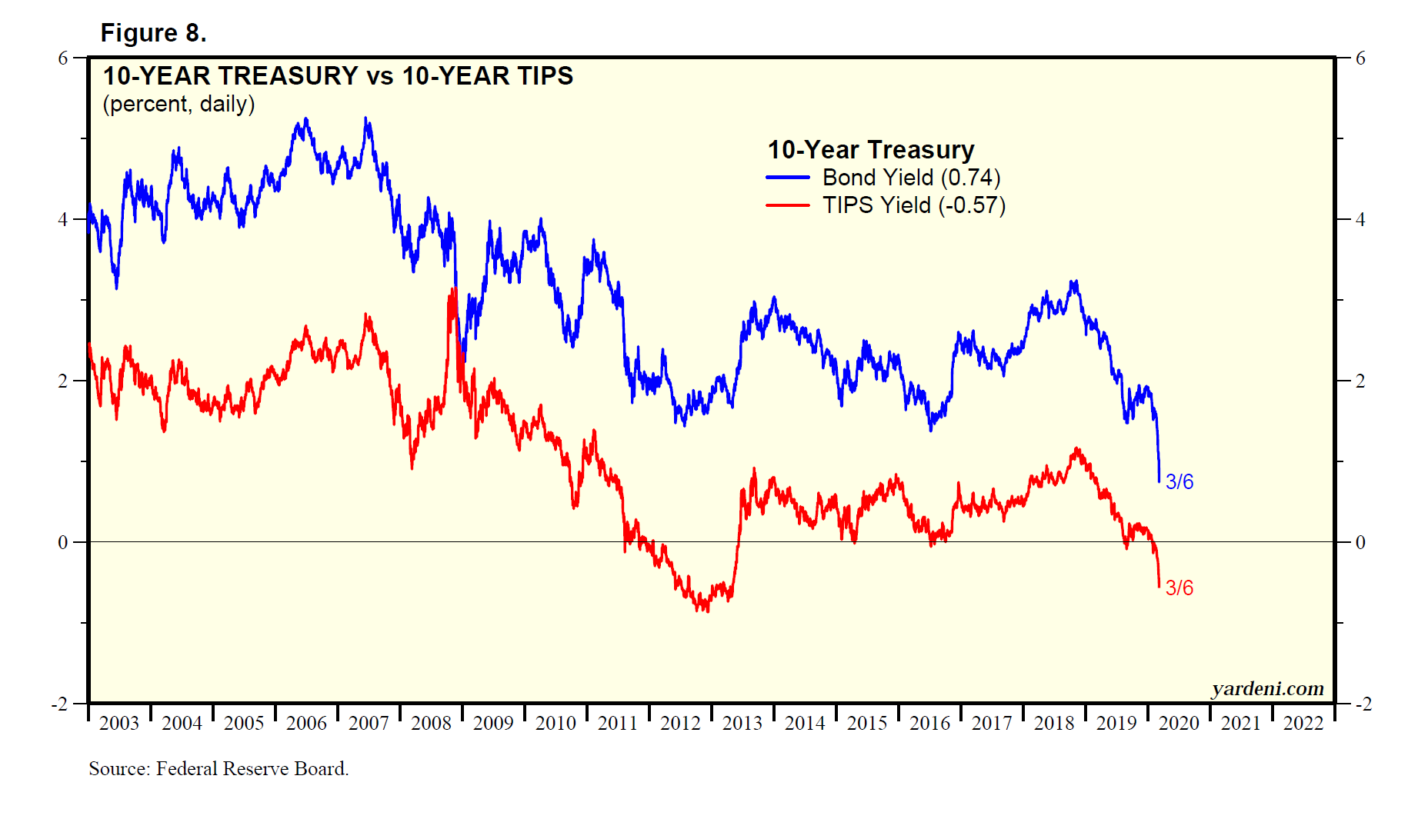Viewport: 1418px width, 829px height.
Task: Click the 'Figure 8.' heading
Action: [x=153, y=33]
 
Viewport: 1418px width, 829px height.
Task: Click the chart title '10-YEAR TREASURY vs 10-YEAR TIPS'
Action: [x=338, y=76]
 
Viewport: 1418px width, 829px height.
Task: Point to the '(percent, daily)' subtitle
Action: [x=179, y=104]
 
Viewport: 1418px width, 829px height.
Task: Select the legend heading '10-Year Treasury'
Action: [x=870, y=149]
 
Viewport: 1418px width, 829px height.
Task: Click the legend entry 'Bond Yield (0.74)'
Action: [x=911, y=178]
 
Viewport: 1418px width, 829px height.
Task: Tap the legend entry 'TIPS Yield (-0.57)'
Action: [x=913, y=205]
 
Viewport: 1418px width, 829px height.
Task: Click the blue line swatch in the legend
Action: [x=787, y=178]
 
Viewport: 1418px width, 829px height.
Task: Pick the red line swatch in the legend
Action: [x=787, y=205]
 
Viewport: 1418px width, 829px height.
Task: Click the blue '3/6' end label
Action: [x=1179, y=482]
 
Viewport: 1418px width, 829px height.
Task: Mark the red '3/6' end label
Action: [x=1179, y=588]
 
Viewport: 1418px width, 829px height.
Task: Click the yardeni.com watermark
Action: [x=1267, y=688]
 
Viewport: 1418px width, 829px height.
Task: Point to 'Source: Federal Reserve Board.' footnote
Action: [x=219, y=768]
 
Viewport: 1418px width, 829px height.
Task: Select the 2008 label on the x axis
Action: [x=431, y=724]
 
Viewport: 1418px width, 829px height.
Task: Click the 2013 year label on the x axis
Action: [x=742, y=724]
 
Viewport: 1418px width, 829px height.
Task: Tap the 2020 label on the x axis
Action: [x=1179, y=724]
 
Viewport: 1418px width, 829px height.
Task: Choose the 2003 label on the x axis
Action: [x=119, y=724]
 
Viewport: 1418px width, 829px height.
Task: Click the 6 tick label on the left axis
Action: [x=63, y=58]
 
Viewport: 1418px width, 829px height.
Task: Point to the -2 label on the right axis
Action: [x=1363, y=704]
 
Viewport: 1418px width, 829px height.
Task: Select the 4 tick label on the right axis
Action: [x=1360, y=220]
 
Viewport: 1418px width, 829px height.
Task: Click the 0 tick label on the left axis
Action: [x=63, y=543]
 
